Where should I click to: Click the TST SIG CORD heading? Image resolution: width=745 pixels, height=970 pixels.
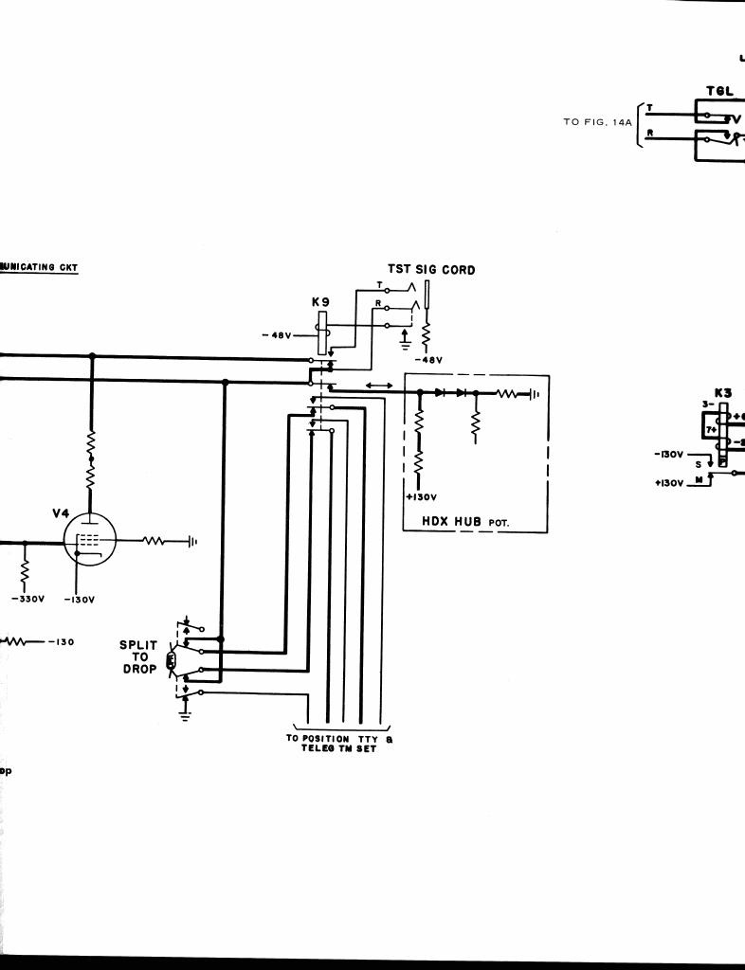430,270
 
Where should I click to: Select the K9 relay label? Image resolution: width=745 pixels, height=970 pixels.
320,301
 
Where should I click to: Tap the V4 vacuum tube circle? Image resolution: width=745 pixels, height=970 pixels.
88,542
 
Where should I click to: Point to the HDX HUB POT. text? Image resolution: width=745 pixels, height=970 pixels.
465,520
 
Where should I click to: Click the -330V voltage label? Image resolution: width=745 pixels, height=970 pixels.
24,599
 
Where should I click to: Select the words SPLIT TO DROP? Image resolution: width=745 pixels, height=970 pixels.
138,657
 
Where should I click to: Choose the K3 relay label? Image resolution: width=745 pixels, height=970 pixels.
723,393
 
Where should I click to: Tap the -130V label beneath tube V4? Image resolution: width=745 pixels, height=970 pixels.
78,599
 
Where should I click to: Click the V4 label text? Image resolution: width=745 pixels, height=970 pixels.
61,513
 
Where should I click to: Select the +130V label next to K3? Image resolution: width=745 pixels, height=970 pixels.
669,483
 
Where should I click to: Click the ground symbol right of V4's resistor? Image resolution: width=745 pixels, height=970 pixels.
192,542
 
